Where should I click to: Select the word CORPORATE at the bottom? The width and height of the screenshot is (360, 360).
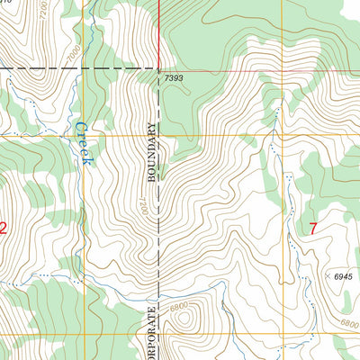click(151, 333)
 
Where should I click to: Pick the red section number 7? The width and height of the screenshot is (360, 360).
click(313, 229)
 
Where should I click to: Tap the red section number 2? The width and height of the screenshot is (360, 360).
click(3, 229)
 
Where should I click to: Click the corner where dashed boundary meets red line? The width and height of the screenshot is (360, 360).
click(158, 68)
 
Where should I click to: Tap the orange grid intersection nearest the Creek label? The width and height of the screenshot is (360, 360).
click(87, 135)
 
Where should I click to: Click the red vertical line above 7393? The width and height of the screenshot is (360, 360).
click(158, 31)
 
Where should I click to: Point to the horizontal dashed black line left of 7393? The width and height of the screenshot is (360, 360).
click(81, 68)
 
